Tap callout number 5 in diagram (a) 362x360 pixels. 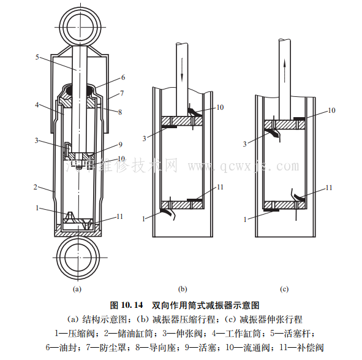(x=38, y=57)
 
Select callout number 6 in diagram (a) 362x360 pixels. (x=123, y=78)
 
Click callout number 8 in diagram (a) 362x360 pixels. (x=120, y=112)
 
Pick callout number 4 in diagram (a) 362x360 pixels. (x=38, y=105)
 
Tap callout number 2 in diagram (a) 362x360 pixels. (x=36, y=186)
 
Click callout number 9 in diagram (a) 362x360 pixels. (x=120, y=145)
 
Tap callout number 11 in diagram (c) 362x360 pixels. (x=328, y=187)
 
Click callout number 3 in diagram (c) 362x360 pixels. (x=244, y=144)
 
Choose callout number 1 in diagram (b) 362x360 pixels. (x=145, y=218)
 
